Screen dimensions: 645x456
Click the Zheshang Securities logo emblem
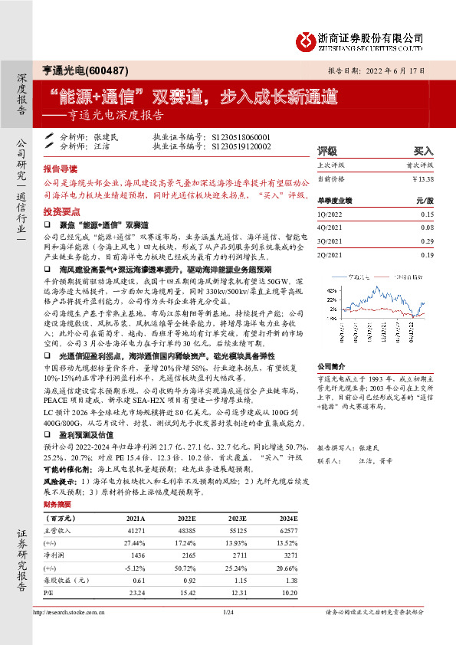(307, 38)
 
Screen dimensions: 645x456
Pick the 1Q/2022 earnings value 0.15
(427, 214)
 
